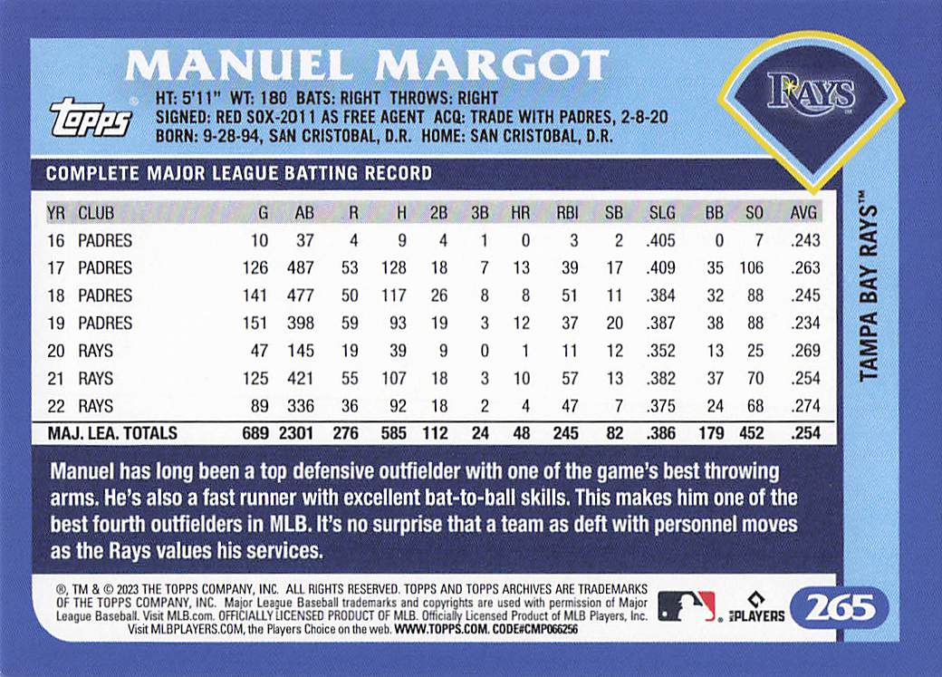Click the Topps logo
coord(90,118)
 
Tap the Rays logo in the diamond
coord(811,93)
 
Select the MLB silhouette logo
coord(686,606)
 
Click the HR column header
coord(520,214)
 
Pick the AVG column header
coord(804,214)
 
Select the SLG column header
coord(662,214)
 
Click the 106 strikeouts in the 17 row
coord(750,268)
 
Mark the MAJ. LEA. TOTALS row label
coord(112,433)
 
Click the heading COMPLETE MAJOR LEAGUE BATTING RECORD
coord(239,173)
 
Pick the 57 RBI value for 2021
coord(569,377)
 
